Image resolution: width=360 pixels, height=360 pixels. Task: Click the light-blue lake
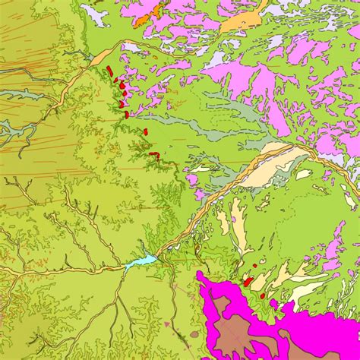(x=142, y=261)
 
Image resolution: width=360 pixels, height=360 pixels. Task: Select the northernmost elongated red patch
(x=110, y=71)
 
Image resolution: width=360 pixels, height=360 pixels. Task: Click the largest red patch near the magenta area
(x=248, y=281)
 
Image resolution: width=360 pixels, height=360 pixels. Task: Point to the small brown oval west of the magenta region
(x=194, y=334)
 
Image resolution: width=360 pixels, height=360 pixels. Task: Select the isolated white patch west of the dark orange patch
(x=94, y=14)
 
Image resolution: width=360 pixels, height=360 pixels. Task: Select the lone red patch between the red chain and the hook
(x=144, y=131)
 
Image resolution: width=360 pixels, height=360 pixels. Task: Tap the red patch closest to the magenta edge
(x=263, y=295)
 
